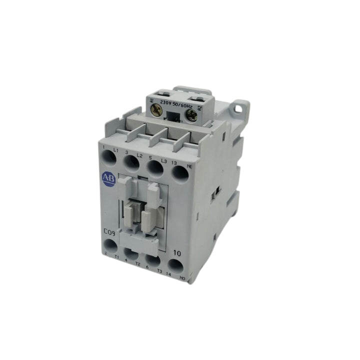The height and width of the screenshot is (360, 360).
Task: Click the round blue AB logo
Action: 108,178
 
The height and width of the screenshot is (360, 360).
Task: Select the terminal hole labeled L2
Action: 131,162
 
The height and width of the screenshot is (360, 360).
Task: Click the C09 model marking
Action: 111,231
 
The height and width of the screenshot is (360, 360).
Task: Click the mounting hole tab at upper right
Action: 241,107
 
